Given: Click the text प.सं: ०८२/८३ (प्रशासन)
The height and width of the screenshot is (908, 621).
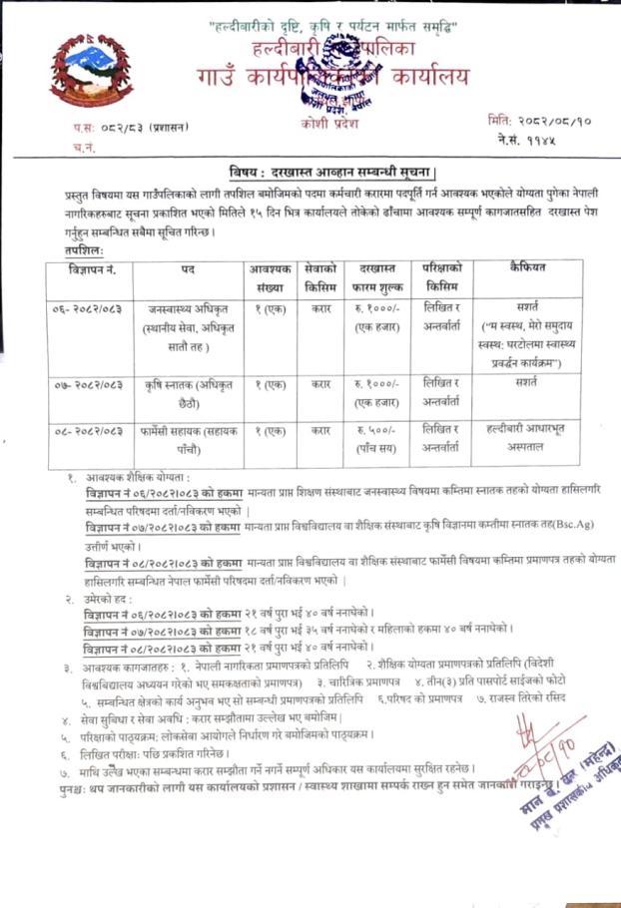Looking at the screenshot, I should (x=117, y=128).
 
